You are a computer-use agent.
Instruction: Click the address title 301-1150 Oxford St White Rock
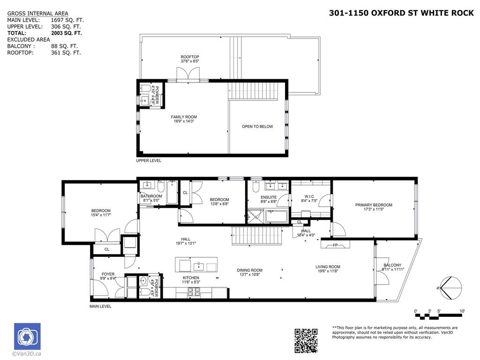(402, 13)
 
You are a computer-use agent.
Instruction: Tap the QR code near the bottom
(306, 340)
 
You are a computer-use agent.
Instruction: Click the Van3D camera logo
(27, 336)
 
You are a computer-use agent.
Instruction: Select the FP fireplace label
(335, 245)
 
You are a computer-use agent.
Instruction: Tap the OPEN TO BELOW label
(257, 127)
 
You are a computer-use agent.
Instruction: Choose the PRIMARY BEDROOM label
(374, 205)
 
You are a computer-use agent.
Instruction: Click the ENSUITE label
(269, 197)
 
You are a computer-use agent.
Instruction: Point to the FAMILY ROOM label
(184, 117)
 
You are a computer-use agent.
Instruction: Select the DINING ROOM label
(249, 270)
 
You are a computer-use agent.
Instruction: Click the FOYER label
(108, 274)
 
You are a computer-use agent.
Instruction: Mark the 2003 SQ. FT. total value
(66, 33)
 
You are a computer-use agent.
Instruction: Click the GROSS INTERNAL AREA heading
(37, 14)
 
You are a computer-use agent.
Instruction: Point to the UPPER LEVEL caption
(148, 161)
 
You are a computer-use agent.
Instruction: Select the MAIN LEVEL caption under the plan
(100, 307)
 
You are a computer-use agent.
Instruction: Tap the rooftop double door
(188, 74)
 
